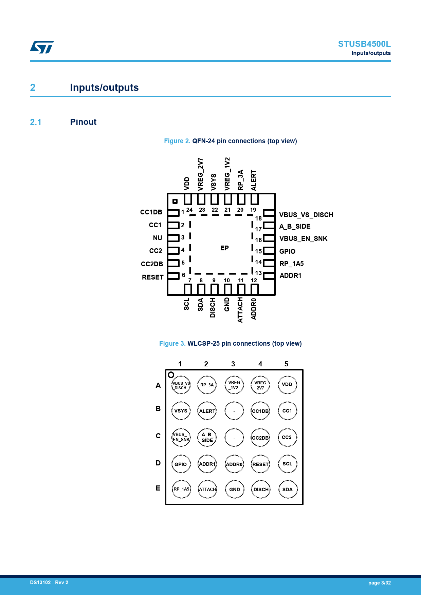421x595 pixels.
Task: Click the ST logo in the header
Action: coord(42,47)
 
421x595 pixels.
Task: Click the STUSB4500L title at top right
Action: coord(364,44)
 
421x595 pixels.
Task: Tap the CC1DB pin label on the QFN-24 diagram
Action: coord(151,212)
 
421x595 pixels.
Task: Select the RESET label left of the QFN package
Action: coord(152,277)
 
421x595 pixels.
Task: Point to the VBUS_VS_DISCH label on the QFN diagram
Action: coord(306,215)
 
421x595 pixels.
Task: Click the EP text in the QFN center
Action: coord(224,248)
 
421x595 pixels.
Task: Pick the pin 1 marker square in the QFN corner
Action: coord(175,201)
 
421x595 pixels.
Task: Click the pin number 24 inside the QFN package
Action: coord(189,210)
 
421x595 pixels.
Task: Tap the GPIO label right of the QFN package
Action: coord(287,251)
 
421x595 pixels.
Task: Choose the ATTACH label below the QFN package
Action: coord(240,310)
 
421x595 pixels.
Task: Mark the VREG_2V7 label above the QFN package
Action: coord(201,174)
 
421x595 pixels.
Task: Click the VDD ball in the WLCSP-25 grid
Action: coord(287,385)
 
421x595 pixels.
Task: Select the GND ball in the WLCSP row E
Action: coord(235,490)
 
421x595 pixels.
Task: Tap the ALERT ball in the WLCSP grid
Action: coord(207,411)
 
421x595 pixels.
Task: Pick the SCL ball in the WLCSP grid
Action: coord(287,464)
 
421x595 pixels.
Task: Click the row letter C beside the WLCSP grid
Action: coord(158,436)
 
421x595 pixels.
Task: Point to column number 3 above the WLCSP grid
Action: coord(233,364)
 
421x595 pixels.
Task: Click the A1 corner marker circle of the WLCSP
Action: coord(171,375)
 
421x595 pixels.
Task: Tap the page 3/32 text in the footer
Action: coord(379,583)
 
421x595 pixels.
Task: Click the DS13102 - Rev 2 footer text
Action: coord(49,582)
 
